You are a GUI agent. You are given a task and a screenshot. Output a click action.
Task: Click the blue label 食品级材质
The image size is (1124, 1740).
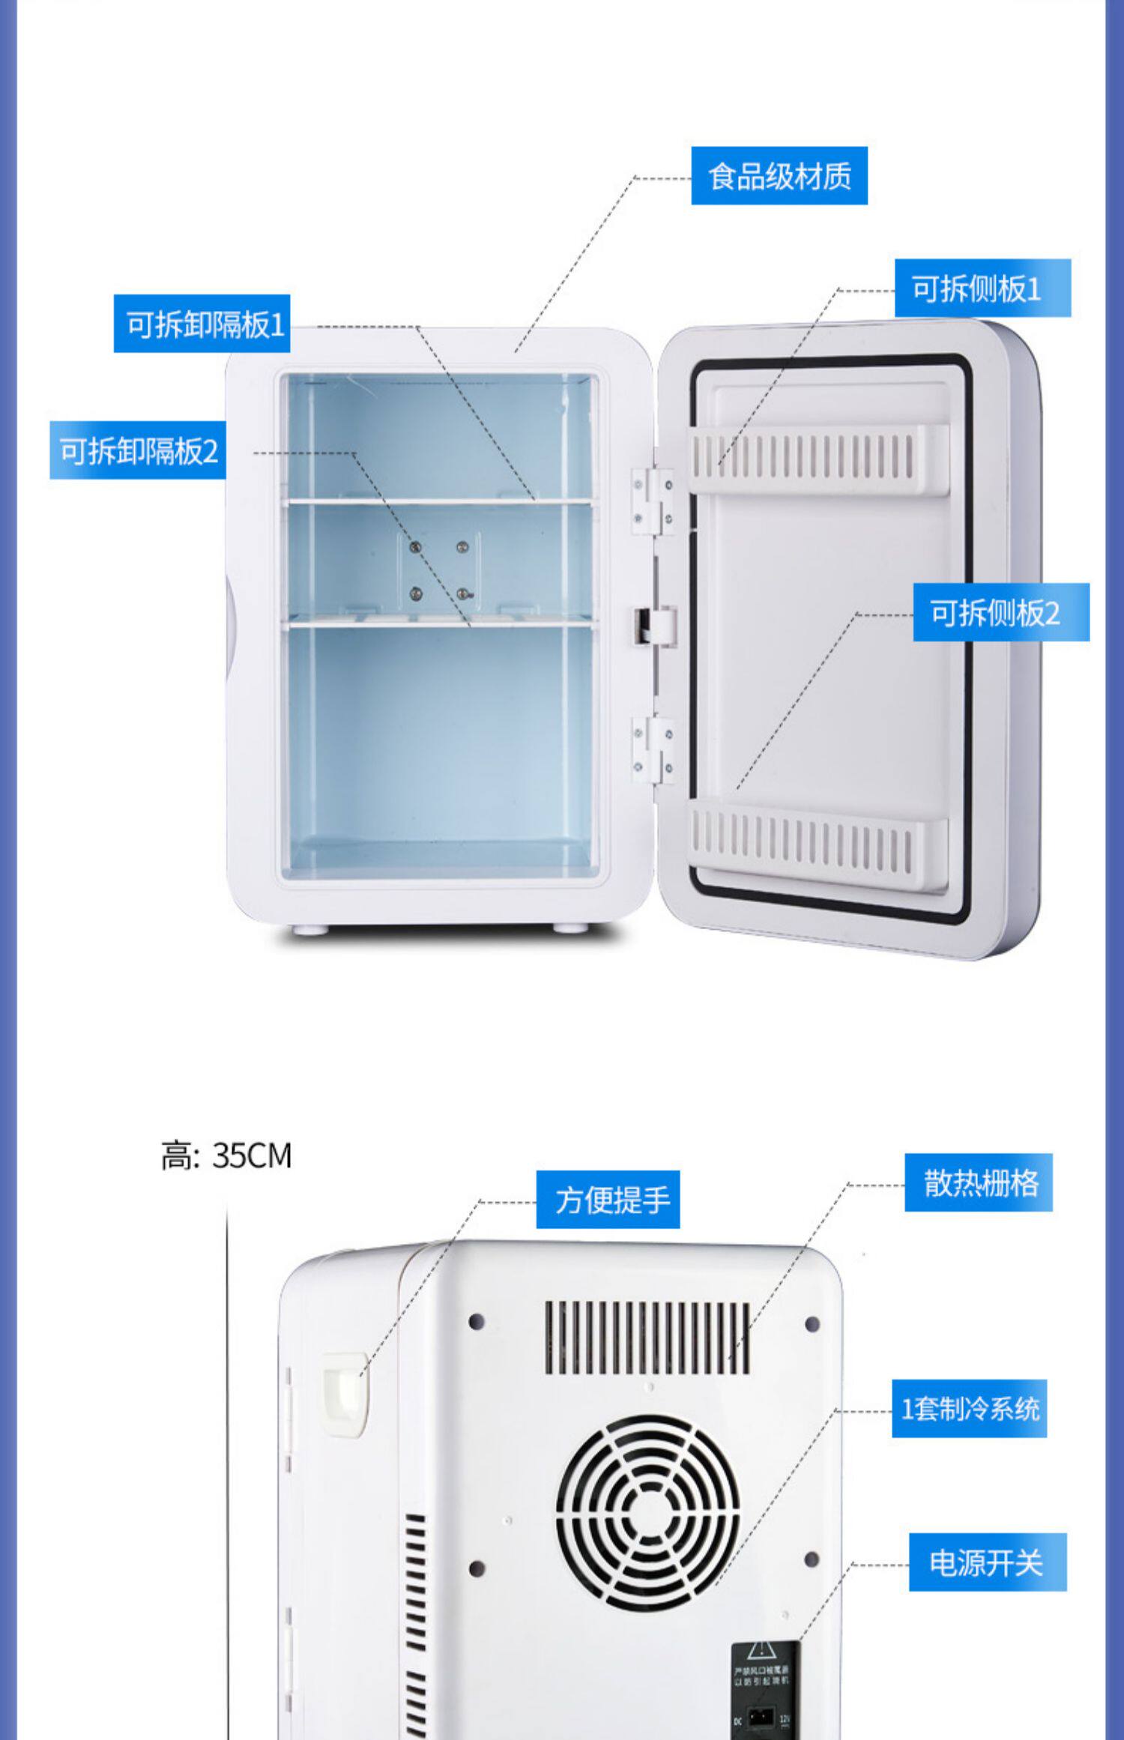(x=779, y=176)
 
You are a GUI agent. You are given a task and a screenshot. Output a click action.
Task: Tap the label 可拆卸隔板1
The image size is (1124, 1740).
(x=202, y=324)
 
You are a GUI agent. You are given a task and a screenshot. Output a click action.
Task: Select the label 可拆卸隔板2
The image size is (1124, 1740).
(x=138, y=450)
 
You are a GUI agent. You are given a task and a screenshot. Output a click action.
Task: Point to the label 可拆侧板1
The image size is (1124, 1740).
(x=982, y=289)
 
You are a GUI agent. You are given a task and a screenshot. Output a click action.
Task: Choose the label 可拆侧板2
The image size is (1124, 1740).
(x=1000, y=612)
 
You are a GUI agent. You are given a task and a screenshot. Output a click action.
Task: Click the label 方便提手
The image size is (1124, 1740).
(x=608, y=1199)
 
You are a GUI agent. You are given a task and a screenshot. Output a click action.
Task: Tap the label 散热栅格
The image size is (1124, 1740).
(x=978, y=1182)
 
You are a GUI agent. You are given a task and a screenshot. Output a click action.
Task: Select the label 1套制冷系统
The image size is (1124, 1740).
(x=969, y=1409)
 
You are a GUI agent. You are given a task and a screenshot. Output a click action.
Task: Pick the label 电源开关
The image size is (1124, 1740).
(x=987, y=1562)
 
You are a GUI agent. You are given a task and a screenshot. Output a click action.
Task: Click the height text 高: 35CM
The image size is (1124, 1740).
(x=226, y=1156)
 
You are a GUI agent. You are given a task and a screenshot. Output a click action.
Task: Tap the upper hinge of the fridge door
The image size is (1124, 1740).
(x=652, y=501)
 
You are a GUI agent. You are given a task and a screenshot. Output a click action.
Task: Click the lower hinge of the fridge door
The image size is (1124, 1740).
(x=653, y=750)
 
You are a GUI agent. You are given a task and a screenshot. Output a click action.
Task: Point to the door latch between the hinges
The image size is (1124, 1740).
(x=655, y=625)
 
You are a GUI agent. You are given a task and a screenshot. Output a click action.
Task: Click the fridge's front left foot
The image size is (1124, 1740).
(x=309, y=929)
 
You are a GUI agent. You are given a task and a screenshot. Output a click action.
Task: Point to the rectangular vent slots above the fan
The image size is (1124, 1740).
(x=647, y=1338)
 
